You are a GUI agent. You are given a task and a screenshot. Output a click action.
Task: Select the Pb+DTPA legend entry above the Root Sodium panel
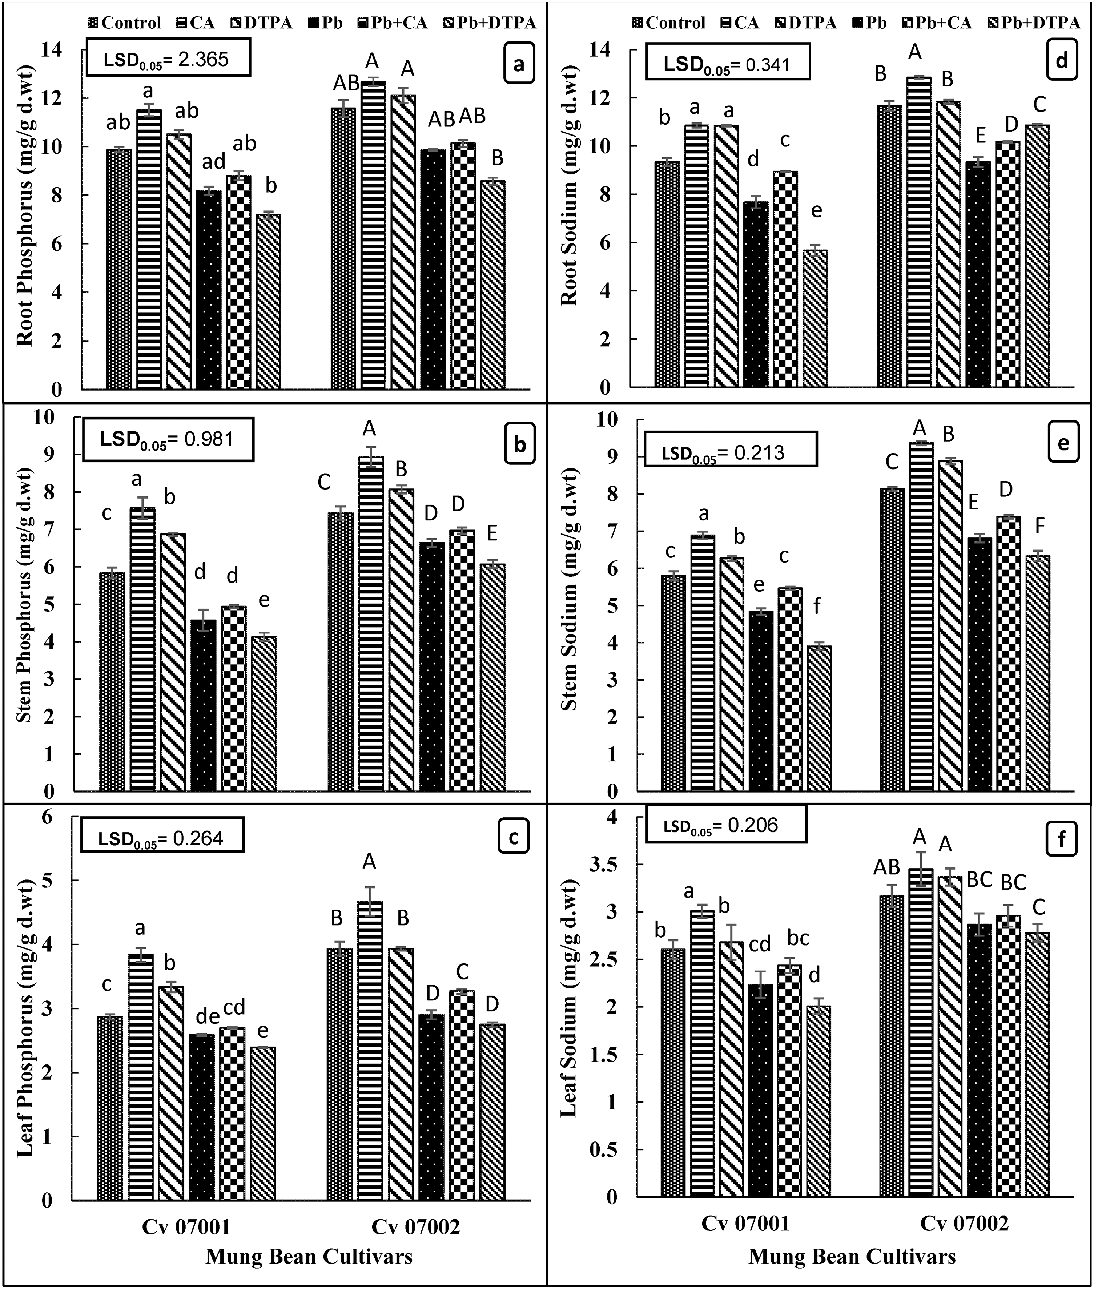tap(1030, 23)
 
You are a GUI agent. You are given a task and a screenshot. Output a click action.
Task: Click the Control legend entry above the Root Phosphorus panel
tap(124, 23)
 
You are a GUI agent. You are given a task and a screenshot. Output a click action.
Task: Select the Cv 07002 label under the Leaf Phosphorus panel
tap(415, 1226)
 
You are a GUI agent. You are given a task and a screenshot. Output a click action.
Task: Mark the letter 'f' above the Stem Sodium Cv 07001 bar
tap(817, 606)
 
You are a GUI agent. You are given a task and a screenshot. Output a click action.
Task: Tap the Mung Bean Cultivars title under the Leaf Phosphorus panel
tap(309, 1256)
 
